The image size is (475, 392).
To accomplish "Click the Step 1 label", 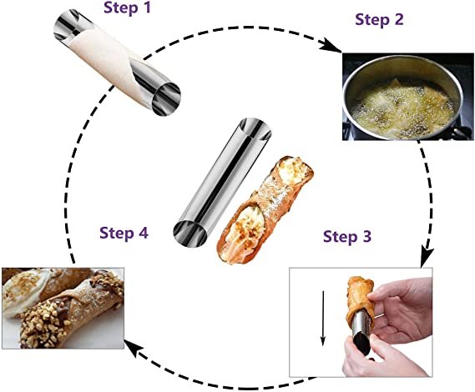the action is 127,8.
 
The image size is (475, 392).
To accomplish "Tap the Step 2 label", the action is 379,20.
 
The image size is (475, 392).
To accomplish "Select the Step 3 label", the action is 347,236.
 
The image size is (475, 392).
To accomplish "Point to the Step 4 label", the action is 124,233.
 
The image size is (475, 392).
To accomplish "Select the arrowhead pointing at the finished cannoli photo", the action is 134,348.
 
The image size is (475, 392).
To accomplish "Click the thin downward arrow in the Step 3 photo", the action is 323,318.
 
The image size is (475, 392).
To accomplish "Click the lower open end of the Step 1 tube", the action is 166,98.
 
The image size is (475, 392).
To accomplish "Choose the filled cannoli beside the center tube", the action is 265,209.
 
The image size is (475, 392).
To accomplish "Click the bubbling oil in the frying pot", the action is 403,110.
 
